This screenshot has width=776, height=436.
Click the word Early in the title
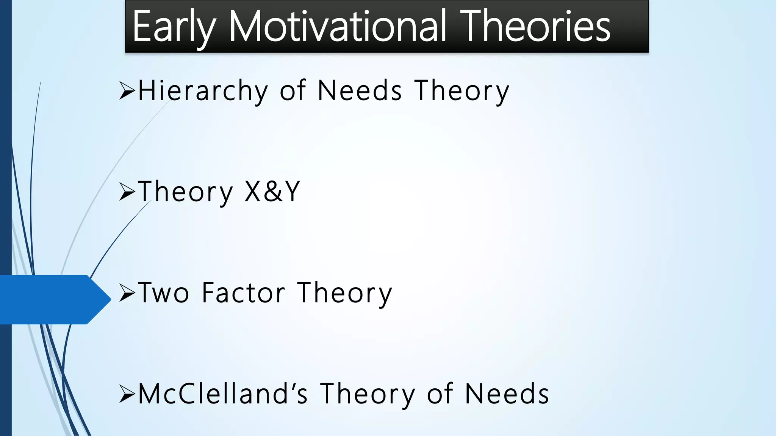[174, 27]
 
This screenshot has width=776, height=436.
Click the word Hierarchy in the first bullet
[203, 91]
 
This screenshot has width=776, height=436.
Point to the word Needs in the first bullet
[360, 91]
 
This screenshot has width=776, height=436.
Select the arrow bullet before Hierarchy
[127, 91]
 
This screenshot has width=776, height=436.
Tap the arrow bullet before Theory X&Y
[127, 192]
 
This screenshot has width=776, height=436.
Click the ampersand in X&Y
[273, 192]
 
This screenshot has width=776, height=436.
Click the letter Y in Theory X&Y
[292, 192]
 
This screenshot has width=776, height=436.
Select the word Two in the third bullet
[163, 293]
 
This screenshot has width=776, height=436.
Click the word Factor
[243, 293]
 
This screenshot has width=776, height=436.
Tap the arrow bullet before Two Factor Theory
[127, 293]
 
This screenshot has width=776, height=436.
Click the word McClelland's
[223, 394]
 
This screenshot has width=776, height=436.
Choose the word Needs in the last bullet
[507, 394]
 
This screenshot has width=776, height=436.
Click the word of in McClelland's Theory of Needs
[440, 394]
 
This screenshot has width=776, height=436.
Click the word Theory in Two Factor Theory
[344, 293]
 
